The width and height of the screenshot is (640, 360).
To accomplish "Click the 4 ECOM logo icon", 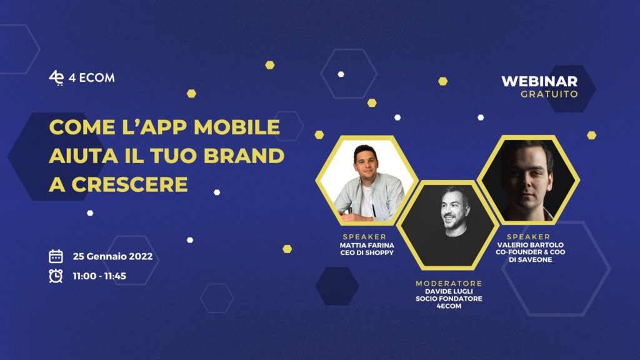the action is pos(56,77).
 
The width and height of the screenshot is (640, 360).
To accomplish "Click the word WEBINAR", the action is pos(539,81).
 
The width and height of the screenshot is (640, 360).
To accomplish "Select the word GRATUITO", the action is pos(549,94).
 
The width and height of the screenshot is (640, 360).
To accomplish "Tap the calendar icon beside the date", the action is pos(56,256).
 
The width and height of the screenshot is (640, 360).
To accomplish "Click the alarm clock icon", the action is pos(56,276).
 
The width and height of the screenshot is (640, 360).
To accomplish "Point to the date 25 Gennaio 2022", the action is pos(112,256).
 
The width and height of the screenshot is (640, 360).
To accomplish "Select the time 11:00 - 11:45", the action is pos(99,276).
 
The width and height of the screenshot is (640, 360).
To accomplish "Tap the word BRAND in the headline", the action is pos(244,156).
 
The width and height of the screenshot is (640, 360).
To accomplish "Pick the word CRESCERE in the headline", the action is pos(130,184).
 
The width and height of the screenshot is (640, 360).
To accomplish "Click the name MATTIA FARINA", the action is pos(367,245).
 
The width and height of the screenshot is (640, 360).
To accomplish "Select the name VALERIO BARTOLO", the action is pos(530,245).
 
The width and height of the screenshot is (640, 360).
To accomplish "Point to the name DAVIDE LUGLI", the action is pos(449,291).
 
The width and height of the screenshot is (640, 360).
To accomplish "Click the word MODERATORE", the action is pos(449,283).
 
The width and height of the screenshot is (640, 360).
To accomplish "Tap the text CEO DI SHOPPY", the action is pos(367,252).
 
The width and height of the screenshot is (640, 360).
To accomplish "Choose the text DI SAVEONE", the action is pos(530,259).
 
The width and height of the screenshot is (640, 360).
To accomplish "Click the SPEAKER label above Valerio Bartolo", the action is pos(529,237).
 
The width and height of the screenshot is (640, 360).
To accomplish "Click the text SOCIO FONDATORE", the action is pos(449,299).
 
